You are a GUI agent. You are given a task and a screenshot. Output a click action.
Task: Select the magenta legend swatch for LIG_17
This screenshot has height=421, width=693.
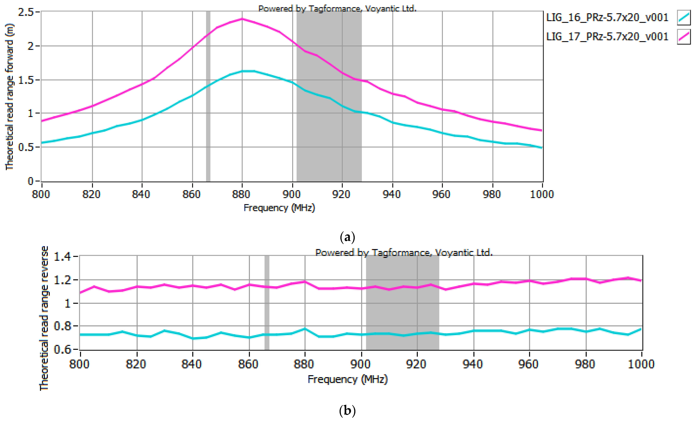click(x=683, y=37)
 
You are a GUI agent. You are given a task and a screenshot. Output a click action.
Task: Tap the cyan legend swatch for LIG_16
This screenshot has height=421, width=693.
click(x=683, y=17)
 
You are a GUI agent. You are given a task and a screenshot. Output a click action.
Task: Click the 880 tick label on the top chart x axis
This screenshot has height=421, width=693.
click(x=241, y=194)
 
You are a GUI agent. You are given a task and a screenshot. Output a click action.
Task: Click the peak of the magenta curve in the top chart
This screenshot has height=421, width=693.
click(x=242, y=19)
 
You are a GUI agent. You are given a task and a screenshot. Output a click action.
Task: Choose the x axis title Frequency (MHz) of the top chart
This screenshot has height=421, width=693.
click(x=279, y=208)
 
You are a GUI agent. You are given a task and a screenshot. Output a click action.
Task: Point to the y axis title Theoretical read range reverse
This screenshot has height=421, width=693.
click(x=44, y=318)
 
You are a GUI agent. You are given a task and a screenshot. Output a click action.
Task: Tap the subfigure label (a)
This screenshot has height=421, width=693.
click(x=347, y=237)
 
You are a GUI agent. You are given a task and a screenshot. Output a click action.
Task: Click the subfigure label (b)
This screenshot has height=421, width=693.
click(x=347, y=411)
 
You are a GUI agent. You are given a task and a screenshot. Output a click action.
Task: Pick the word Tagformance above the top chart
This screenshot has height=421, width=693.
click(x=334, y=9)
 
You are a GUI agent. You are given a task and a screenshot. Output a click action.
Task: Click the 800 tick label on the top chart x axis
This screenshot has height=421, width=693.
click(x=41, y=194)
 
